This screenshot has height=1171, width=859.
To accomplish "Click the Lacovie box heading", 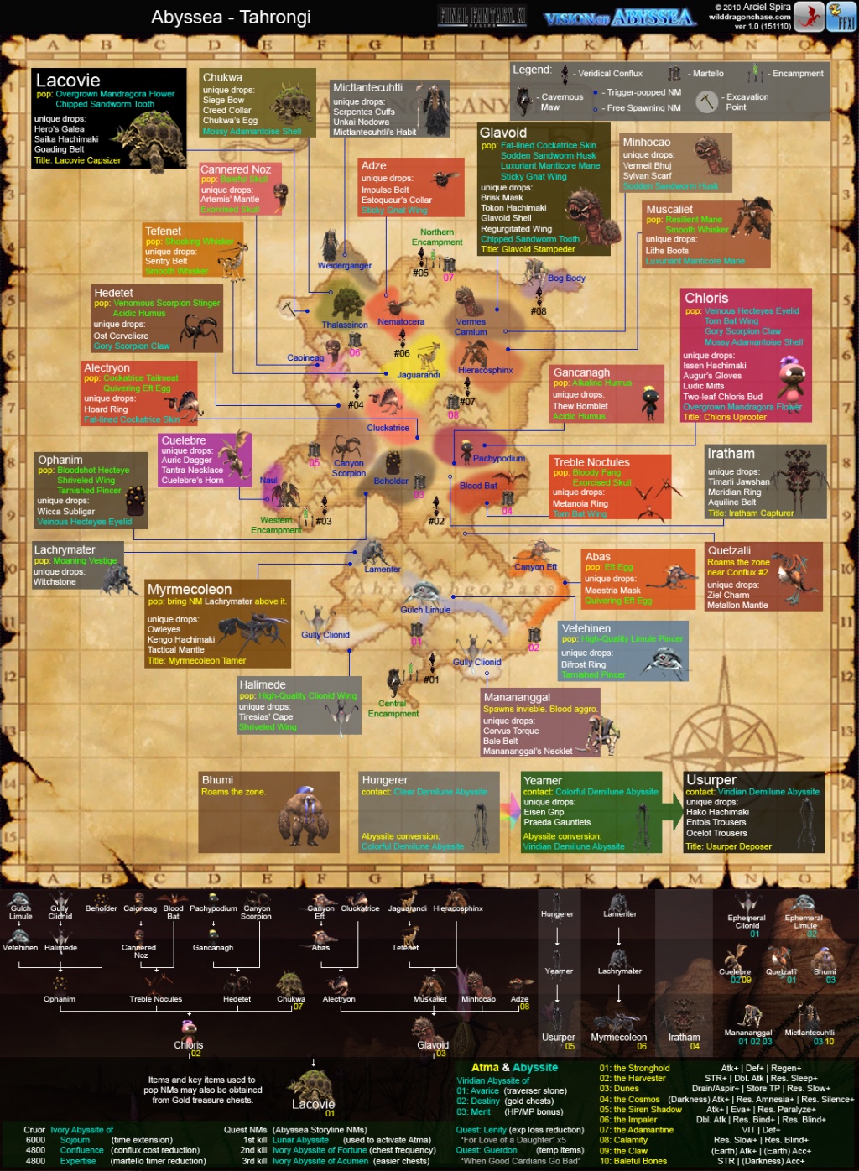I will click(68, 81).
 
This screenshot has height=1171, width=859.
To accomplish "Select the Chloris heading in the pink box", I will click(706, 298).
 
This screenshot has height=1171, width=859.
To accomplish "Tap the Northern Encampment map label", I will click(437, 237).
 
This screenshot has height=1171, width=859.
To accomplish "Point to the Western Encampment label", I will click(276, 525).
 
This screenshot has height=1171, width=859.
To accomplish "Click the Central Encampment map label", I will click(393, 709).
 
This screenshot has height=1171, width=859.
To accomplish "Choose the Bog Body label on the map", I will click(567, 278).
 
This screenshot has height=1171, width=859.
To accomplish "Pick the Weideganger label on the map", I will click(344, 266).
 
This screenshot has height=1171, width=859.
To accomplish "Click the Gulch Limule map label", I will click(425, 610).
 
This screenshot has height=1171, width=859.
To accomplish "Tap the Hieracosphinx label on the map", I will click(486, 370).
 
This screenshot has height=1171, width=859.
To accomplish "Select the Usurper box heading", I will click(711, 780).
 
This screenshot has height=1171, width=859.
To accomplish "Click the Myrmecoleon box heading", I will click(190, 590).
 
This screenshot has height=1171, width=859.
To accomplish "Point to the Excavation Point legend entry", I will click(747, 101).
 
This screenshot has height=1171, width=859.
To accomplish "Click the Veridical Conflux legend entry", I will click(610, 74).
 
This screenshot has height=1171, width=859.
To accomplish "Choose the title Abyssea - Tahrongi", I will click(231, 18).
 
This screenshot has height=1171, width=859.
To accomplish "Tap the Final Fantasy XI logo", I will click(482, 16).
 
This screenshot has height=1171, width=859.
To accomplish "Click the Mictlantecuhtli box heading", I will click(367, 87).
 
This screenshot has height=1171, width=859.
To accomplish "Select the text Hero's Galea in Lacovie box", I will click(60, 129).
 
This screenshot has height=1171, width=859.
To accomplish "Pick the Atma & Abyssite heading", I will click(514, 1067).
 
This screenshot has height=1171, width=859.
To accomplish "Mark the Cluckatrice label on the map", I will click(388, 428).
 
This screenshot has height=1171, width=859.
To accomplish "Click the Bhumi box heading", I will click(217, 780).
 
